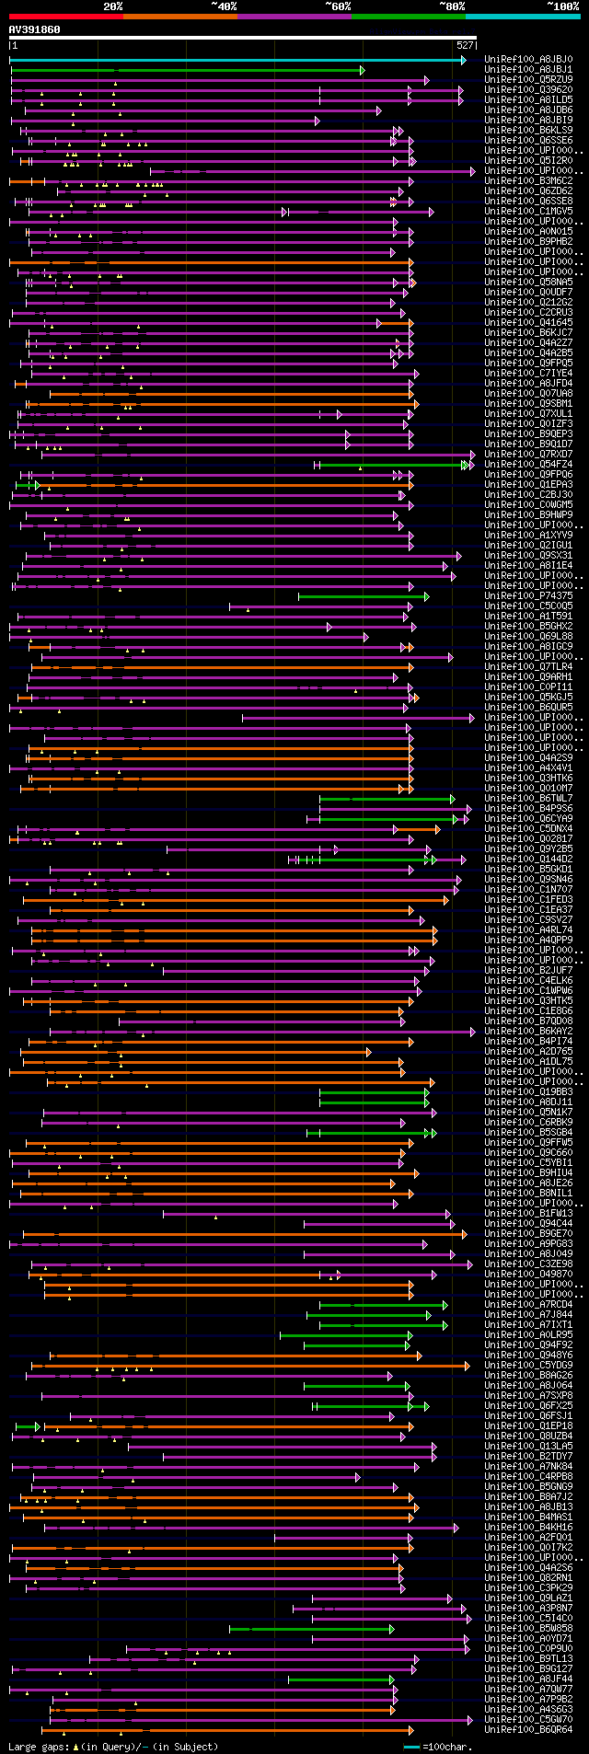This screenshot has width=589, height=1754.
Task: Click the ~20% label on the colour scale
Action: click(x=112, y=6)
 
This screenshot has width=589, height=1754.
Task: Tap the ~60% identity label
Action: click(x=337, y=6)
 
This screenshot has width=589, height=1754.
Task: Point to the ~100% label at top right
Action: click(x=562, y=6)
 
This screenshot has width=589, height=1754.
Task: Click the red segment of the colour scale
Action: click(x=65, y=16)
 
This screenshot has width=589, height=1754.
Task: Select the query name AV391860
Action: click(x=34, y=29)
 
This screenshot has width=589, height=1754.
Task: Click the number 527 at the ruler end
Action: click(x=465, y=45)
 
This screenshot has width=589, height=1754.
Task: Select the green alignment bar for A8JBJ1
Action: click(x=184, y=70)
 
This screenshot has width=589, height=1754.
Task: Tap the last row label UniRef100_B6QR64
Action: click(x=527, y=1730)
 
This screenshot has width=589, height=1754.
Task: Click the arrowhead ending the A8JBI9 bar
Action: click(x=318, y=121)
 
